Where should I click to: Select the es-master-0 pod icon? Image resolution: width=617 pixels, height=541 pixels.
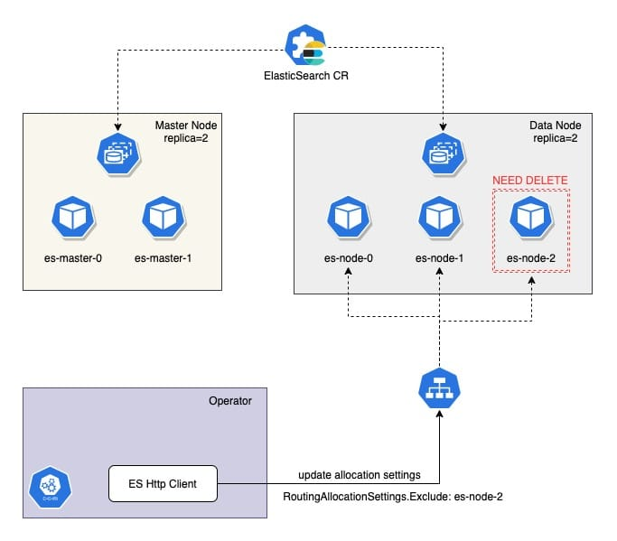68,218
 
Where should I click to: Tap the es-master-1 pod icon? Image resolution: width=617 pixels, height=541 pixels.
164,218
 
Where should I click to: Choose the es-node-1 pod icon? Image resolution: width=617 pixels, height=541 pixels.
439,218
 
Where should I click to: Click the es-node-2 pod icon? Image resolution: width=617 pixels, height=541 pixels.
530,218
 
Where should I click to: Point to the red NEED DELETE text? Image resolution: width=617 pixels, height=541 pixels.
529,181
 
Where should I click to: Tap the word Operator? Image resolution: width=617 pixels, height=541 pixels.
229,400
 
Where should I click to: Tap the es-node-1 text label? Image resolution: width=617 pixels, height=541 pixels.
440,258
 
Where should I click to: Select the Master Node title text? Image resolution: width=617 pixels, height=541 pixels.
185,124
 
